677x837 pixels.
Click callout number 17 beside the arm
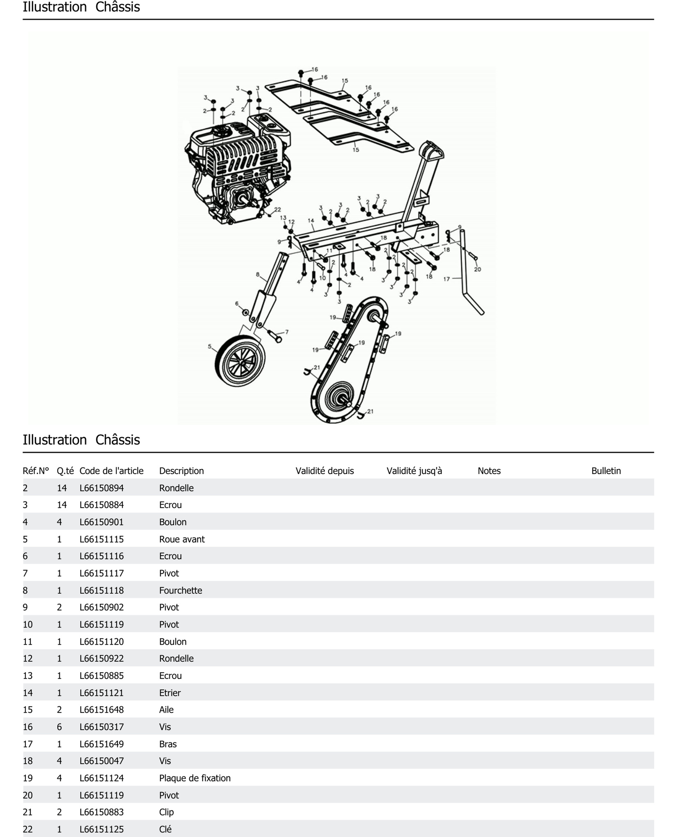click(447, 279)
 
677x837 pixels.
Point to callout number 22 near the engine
click(277, 209)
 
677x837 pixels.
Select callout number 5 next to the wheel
click(209, 346)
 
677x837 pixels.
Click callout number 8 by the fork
click(257, 274)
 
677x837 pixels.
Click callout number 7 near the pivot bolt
click(287, 332)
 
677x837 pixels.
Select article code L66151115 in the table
click(101, 539)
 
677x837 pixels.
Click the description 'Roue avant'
click(182, 539)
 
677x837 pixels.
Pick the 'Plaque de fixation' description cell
click(195, 778)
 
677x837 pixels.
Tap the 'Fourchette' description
click(181, 590)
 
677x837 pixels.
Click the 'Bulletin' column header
click(606, 471)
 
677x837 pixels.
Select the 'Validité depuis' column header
click(324, 471)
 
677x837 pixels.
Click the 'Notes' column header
click(489, 471)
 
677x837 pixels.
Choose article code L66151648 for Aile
click(101, 709)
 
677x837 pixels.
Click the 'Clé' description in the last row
click(165, 829)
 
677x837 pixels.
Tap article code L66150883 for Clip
click(101, 812)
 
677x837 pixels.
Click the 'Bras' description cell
click(168, 744)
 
